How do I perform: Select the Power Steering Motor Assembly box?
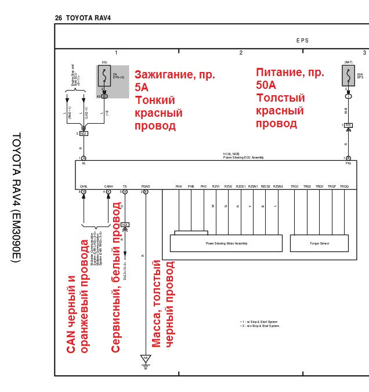click(x=227, y=243)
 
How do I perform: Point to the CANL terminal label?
click(x=84, y=186)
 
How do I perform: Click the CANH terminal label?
click(x=108, y=186)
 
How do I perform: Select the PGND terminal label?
click(x=145, y=186)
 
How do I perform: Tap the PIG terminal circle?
click(x=348, y=158)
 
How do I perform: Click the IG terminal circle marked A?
click(x=84, y=158)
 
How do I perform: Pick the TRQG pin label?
click(x=344, y=186)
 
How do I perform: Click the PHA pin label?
click(x=179, y=186)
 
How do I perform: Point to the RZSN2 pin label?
click(x=278, y=186)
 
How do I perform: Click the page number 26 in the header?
click(x=59, y=18)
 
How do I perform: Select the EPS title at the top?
click(x=302, y=40)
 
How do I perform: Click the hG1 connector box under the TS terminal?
click(x=125, y=224)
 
